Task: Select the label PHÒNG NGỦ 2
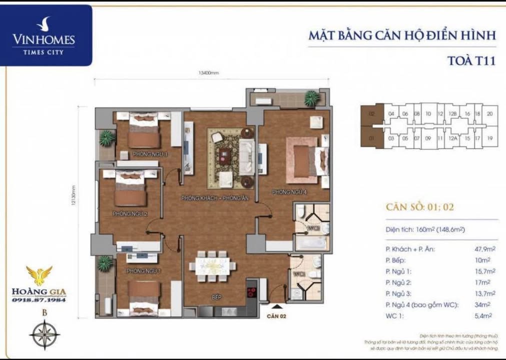pyautogui.click(x=130, y=214)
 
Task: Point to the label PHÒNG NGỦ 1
pyautogui.click(x=144, y=271)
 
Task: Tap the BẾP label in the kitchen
pyautogui.click(x=216, y=297)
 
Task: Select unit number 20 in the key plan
pyautogui.click(x=489, y=114)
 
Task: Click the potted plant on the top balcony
pyautogui.click(x=311, y=98)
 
